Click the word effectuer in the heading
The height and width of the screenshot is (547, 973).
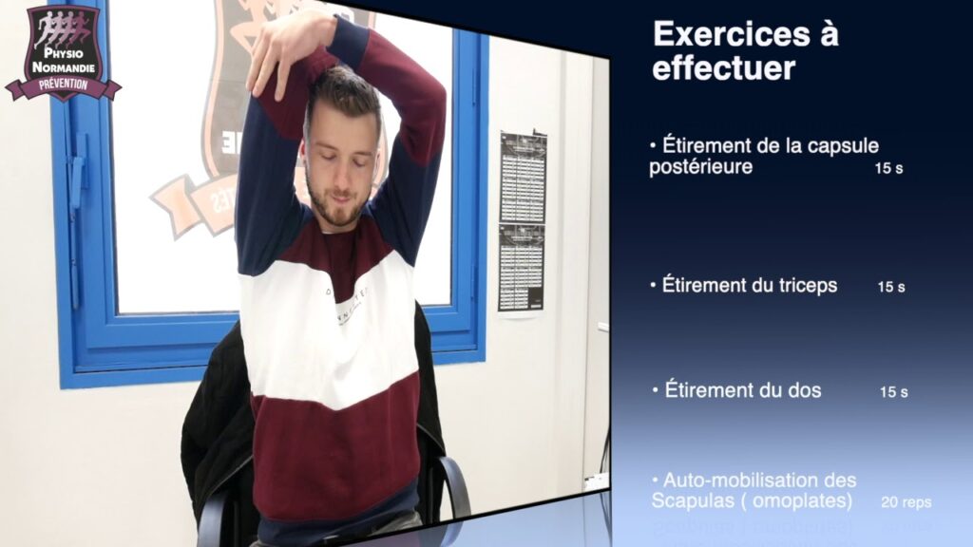coord(723,68)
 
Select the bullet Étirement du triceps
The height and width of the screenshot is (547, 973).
coord(748,285)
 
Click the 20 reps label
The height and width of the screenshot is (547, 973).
coord(906,502)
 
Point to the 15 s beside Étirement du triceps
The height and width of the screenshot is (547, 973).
coord(890,287)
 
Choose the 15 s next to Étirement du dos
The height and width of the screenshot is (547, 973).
coord(893,392)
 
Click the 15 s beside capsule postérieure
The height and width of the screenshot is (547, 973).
coord(888,168)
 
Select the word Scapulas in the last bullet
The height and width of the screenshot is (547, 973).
coord(691,500)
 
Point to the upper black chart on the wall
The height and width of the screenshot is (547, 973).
coord(523,177)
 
